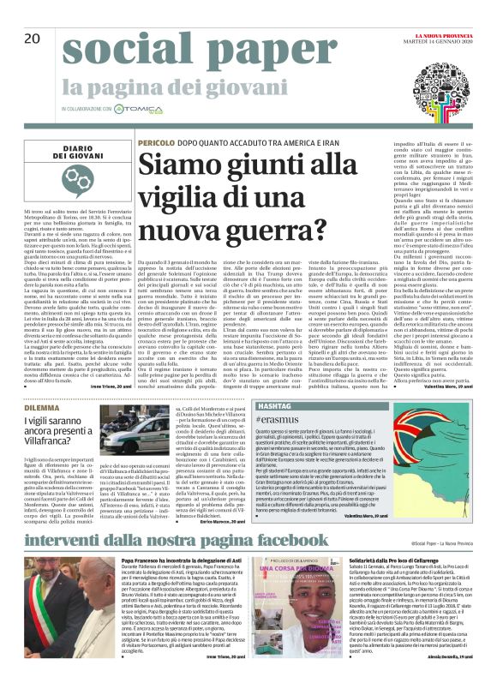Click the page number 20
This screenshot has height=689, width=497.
[32, 39]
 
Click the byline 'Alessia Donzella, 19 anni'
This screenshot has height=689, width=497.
[461, 680]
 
